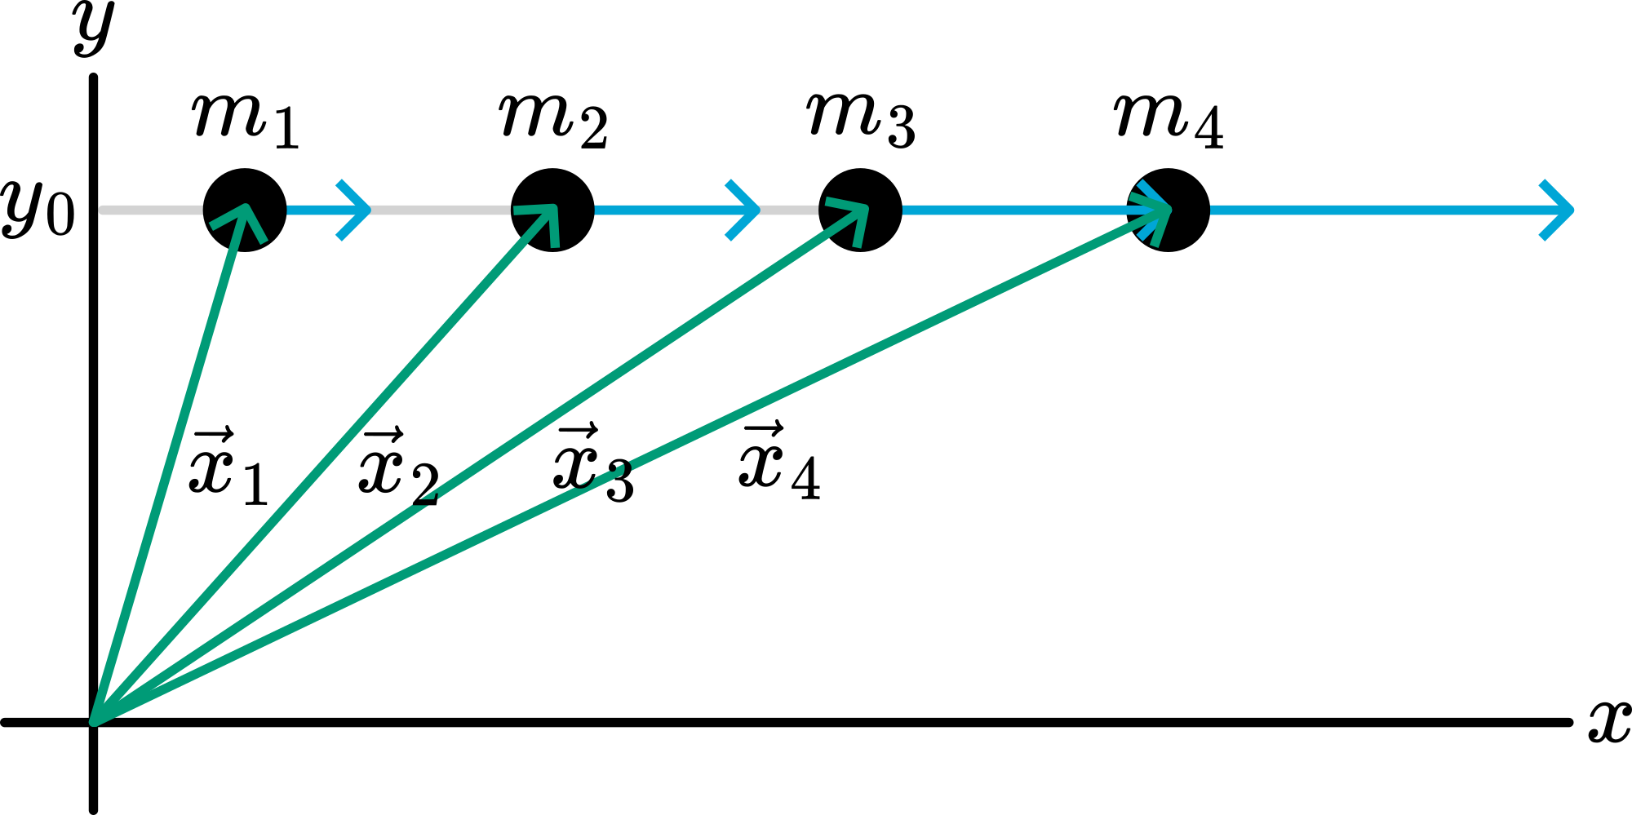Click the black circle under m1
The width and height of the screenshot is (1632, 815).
tap(245, 210)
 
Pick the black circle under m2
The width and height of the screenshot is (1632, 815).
tap(552, 210)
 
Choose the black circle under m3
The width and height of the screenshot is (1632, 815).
tap(860, 210)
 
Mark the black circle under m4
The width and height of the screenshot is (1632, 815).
tap(1169, 210)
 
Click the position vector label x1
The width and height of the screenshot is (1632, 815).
tap(228, 466)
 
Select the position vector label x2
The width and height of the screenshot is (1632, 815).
tap(398, 466)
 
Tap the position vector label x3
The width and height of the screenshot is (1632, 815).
tap(592, 463)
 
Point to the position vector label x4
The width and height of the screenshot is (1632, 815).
tap(779, 461)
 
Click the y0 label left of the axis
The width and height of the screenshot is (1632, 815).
tap(38, 210)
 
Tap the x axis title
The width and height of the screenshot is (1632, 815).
tap(1608, 721)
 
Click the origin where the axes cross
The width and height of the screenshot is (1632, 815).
tap(94, 722)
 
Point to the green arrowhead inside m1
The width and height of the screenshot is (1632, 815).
tap(243, 217)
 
